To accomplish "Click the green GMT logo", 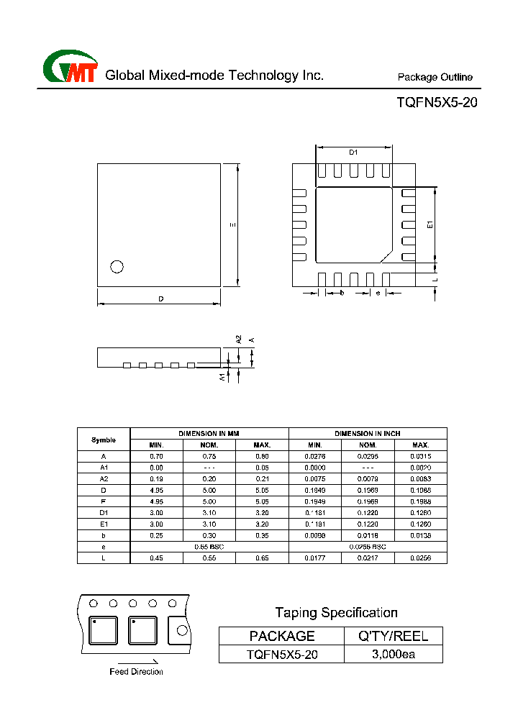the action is click(x=70, y=68).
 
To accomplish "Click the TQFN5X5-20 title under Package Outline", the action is click(x=436, y=102).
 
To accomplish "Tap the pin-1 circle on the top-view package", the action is click(x=117, y=267).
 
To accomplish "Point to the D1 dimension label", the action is click(x=353, y=152).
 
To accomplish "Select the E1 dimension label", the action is click(x=430, y=224).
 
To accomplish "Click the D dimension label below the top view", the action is click(x=160, y=299).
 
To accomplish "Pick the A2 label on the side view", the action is click(x=239, y=339).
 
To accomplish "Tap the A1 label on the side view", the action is click(x=222, y=376).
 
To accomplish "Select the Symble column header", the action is click(x=104, y=439).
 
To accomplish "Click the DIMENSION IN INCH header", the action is click(x=368, y=434).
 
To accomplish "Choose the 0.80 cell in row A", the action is click(x=262, y=456).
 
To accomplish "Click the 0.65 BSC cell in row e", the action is click(x=209, y=547).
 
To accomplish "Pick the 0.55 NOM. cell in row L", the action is click(x=209, y=558).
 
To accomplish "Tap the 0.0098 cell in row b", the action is click(x=315, y=535).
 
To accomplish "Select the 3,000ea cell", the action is click(x=394, y=654).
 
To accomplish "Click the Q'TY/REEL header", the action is click(x=394, y=636).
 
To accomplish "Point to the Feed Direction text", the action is click(x=136, y=672).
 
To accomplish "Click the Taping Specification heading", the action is click(x=336, y=613).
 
